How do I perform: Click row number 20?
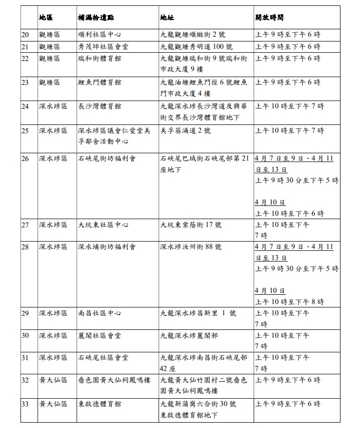25,35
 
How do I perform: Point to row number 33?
25,404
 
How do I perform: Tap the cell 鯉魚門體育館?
100,82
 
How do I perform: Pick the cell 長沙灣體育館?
100,106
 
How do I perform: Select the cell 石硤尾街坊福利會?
106,159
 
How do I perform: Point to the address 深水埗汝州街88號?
191,247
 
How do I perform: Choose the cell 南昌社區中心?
100,313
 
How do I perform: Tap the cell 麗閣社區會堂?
100,336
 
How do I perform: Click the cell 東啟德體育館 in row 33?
100,404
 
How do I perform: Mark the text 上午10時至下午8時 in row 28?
289,302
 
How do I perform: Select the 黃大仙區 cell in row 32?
50,380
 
